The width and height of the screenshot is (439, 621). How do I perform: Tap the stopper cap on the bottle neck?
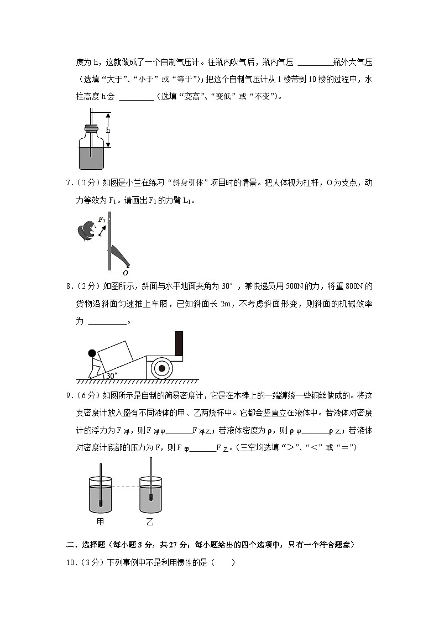(x=91, y=130)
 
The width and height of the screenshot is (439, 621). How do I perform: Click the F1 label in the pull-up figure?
(x=102, y=220)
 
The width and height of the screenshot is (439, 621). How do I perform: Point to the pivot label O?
(x=126, y=273)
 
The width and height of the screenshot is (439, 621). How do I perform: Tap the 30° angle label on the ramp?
(x=111, y=375)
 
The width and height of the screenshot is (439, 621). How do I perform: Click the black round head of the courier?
(x=92, y=353)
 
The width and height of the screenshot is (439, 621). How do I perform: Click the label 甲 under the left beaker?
(x=100, y=521)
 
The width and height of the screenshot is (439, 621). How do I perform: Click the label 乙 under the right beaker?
(x=150, y=521)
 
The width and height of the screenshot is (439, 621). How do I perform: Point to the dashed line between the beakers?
(x=126, y=487)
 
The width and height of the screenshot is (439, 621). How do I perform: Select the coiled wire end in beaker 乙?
(x=150, y=496)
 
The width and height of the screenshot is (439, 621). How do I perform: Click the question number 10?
(x=71, y=563)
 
